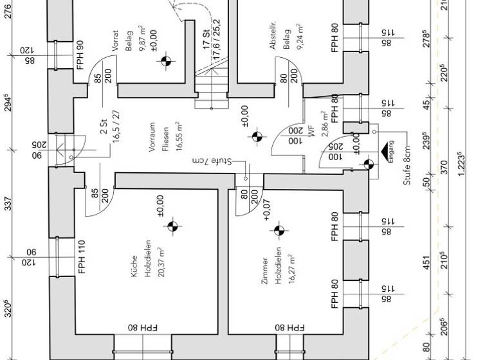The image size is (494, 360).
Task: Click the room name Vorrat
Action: coord(116,40)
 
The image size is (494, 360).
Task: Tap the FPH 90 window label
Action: coord(80,55)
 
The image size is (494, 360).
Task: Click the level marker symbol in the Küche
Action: coord(172,226)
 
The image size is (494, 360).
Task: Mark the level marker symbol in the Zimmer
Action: coord(279,230)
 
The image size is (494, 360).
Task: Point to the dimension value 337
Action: coord(8,205)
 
